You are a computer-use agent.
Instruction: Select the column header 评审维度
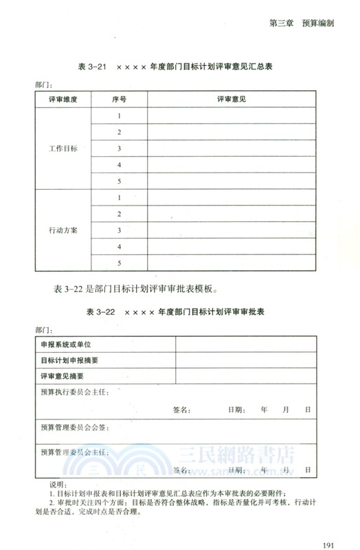[x=63, y=99]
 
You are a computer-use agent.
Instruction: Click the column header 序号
[x=119, y=99]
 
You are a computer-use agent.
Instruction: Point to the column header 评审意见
[x=231, y=99]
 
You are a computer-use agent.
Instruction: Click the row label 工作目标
[x=63, y=148]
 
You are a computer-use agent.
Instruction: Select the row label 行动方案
[x=63, y=230]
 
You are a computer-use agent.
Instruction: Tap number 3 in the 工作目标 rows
[x=119, y=148]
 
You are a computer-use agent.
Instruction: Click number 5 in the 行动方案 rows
[x=119, y=263]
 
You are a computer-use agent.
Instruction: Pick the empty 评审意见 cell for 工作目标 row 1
[x=231, y=115]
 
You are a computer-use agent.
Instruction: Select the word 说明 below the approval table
[x=52, y=485]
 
